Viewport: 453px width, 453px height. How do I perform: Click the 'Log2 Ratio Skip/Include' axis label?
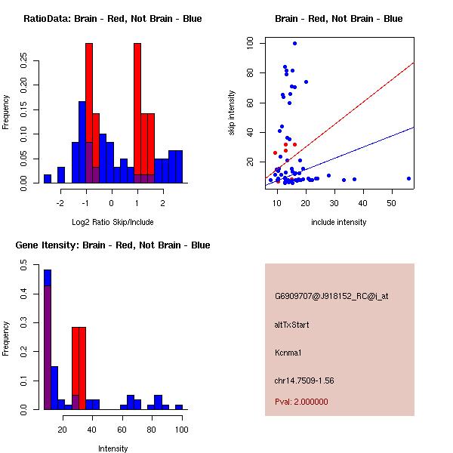(112, 222)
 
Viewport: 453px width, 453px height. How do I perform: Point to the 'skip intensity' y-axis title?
(233, 113)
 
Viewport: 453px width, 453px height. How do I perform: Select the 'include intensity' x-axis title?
(339, 222)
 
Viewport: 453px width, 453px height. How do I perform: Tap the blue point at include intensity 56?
(408, 179)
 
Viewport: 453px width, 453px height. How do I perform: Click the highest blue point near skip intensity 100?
(294, 44)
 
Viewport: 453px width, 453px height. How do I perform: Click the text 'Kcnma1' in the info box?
(288, 352)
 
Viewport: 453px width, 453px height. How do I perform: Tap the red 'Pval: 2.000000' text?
(301, 402)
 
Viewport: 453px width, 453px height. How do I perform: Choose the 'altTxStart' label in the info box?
(292, 325)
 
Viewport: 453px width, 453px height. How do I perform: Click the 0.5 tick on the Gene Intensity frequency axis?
(25, 266)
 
